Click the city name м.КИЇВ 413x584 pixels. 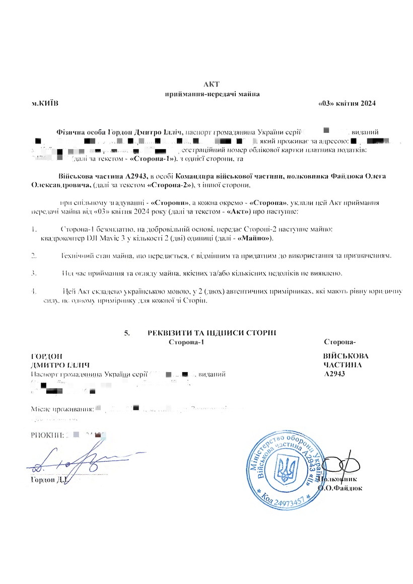point(45,103)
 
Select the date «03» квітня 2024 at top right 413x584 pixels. point(348,103)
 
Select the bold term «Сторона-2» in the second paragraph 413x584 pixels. point(167,186)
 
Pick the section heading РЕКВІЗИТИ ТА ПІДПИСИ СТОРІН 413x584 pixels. point(212,333)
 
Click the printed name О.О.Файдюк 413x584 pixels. point(340,488)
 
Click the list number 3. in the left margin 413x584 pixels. point(34,273)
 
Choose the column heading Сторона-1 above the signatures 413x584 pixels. point(187,342)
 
